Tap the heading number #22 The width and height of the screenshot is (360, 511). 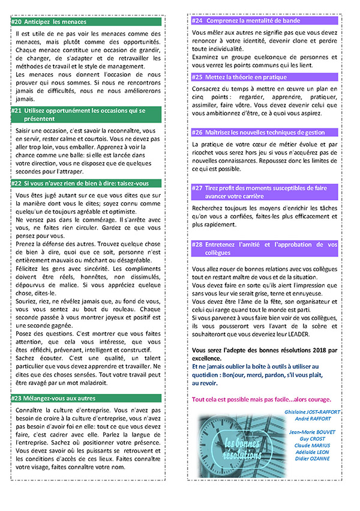coord(17,183)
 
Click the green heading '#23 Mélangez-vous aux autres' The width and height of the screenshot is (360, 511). coord(57,398)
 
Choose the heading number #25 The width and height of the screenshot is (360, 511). coord(197,77)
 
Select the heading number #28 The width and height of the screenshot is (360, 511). coord(197,244)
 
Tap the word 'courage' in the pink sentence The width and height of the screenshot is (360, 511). coord(318,399)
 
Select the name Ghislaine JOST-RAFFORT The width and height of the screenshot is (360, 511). coord(314,411)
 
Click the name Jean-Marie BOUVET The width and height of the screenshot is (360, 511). coord(313,432)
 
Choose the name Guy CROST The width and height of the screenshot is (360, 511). coord(314,438)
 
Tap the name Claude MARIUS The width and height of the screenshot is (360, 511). coord(314,445)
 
